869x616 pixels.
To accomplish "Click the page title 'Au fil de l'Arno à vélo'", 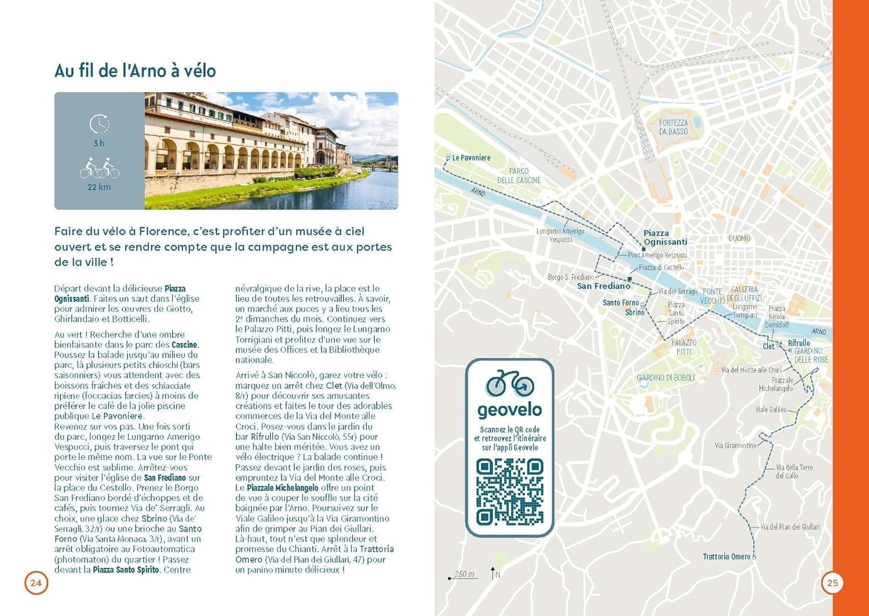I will [x=135, y=71].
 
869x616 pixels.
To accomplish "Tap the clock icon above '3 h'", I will [x=99, y=123].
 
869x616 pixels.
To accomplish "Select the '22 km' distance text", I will [x=99, y=187].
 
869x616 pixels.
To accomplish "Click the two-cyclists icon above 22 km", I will [x=99, y=168].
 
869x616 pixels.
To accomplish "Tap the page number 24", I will [x=36, y=583].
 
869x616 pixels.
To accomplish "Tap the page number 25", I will [x=833, y=583].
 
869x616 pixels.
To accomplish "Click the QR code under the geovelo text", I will [x=510, y=491].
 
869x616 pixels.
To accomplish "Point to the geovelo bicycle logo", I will [x=510, y=384].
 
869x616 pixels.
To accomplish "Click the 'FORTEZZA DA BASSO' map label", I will [x=673, y=127].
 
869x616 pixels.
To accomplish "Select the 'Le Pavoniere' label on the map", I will [x=471, y=158].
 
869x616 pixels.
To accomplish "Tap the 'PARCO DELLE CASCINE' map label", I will [x=519, y=176].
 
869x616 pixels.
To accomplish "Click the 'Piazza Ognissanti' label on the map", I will [x=665, y=238].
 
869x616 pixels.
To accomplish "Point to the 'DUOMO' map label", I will [x=739, y=238].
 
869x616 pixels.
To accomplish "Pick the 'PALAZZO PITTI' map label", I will [x=684, y=347].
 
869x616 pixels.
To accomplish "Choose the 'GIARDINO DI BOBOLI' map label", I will [x=665, y=378].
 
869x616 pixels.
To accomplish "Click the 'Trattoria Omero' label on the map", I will [x=726, y=557].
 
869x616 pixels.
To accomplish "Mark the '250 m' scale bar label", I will [x=464, y=574].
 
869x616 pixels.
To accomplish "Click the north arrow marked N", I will [x=494, y=574].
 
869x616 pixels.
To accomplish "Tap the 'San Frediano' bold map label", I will [x=603, y=286].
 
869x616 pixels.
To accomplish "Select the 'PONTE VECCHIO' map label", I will [x=712, y=296].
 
